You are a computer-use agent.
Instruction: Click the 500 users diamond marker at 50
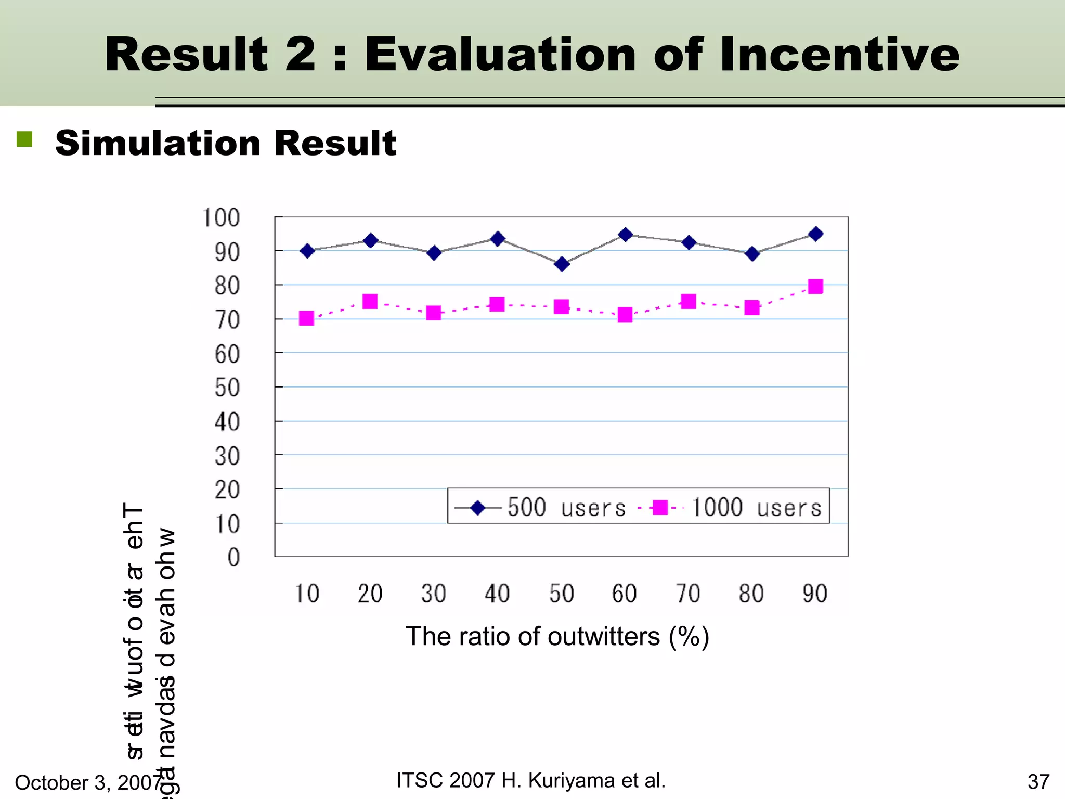tap(562, 264)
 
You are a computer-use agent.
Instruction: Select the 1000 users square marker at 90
tap(815, 287)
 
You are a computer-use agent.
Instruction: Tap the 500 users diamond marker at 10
tap(307, 251)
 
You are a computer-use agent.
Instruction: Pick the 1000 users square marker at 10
tap(307, 318)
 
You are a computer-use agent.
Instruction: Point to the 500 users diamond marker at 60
tap(626, 235)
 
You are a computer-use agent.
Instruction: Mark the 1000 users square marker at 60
tap(625, 315)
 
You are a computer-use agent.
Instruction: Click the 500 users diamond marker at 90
tap(816, 234)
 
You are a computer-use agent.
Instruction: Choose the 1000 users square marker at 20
tap(370, 302)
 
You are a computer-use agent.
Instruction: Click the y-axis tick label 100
tap(221, 218)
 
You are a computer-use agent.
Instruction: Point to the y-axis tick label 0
tap(233, 558)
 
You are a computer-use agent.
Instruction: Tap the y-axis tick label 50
tap(227, 388)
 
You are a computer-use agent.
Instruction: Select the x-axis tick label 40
tap(497, 594)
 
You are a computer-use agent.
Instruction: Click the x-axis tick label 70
tap(688, 594)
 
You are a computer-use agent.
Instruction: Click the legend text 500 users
tap(566, 507)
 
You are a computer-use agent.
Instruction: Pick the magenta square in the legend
tap(660, 507)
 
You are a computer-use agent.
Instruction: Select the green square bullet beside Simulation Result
tap(24, 139)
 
